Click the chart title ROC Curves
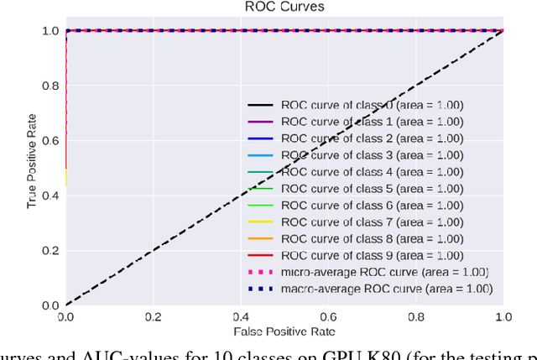pos(284,8)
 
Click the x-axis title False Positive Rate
pos(284,332)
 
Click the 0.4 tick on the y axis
pos(48,196)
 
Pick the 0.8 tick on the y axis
pos(48,86)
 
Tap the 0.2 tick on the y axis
pos(48,250)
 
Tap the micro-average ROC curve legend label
pos(385,272)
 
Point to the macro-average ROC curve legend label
pos(387,289)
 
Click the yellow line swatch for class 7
pos(260,222)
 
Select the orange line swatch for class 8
pos(260,239)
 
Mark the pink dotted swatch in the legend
pos(260,273)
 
